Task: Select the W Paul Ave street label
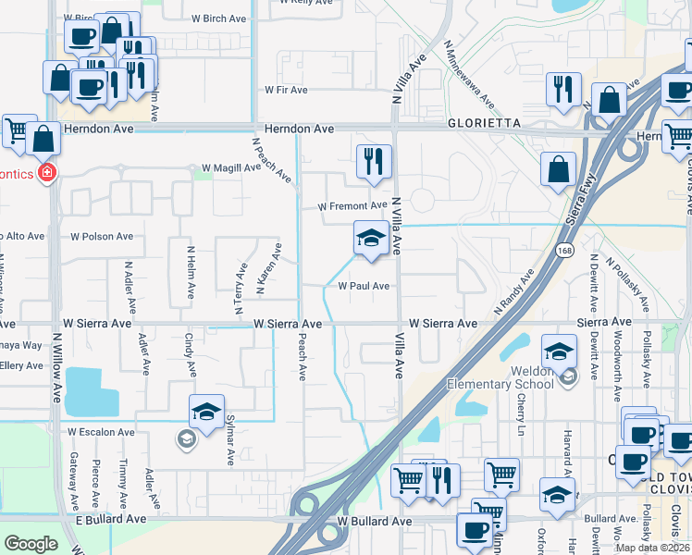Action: point(364,286)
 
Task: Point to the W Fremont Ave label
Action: point(352,205)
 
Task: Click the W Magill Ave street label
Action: point(226,167)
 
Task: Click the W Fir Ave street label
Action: point(286,90)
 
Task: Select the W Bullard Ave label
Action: point(374,522)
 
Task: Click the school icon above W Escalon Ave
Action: point(207,412)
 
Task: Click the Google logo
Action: point(31,544)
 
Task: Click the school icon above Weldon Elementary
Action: point(559,351)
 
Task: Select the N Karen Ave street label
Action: point(268,270)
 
